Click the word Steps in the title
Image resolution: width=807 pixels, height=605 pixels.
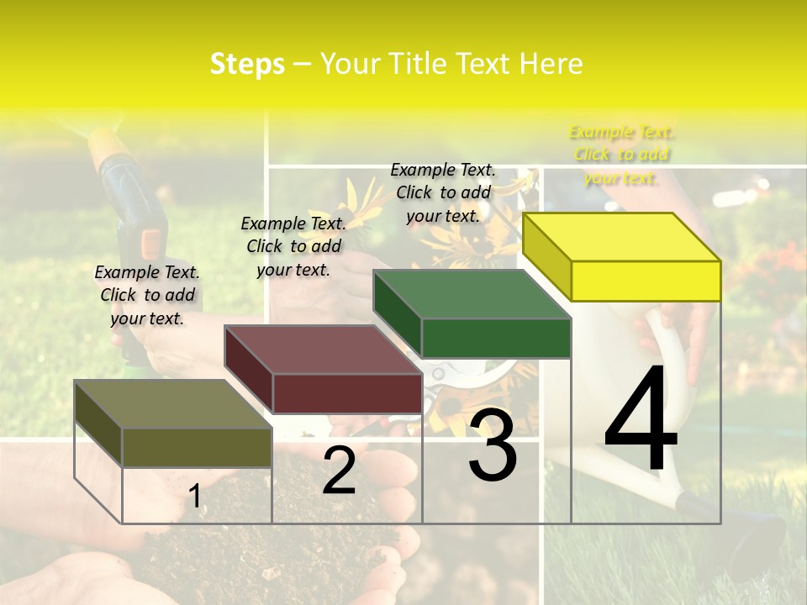point(247,64)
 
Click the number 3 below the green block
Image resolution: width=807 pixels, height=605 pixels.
point(493,445)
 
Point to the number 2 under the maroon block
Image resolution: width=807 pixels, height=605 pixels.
point(339,471)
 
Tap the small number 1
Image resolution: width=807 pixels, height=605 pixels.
point(195,496)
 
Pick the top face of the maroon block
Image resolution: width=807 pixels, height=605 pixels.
point(323,350)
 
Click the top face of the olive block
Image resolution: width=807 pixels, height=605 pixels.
point(173,404)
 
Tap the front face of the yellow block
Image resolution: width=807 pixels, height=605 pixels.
point(646,281)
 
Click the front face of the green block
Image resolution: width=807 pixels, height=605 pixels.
point(496,338)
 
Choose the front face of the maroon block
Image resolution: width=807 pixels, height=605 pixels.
point(346,393)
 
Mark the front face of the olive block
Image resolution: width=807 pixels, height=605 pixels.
point(197,447)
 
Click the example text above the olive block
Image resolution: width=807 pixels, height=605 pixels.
point(147,295)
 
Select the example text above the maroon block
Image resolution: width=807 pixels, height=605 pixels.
point(293,246)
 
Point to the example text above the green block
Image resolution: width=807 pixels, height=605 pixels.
point(443,192)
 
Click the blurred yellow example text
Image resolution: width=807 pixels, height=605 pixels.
point(621,155)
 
